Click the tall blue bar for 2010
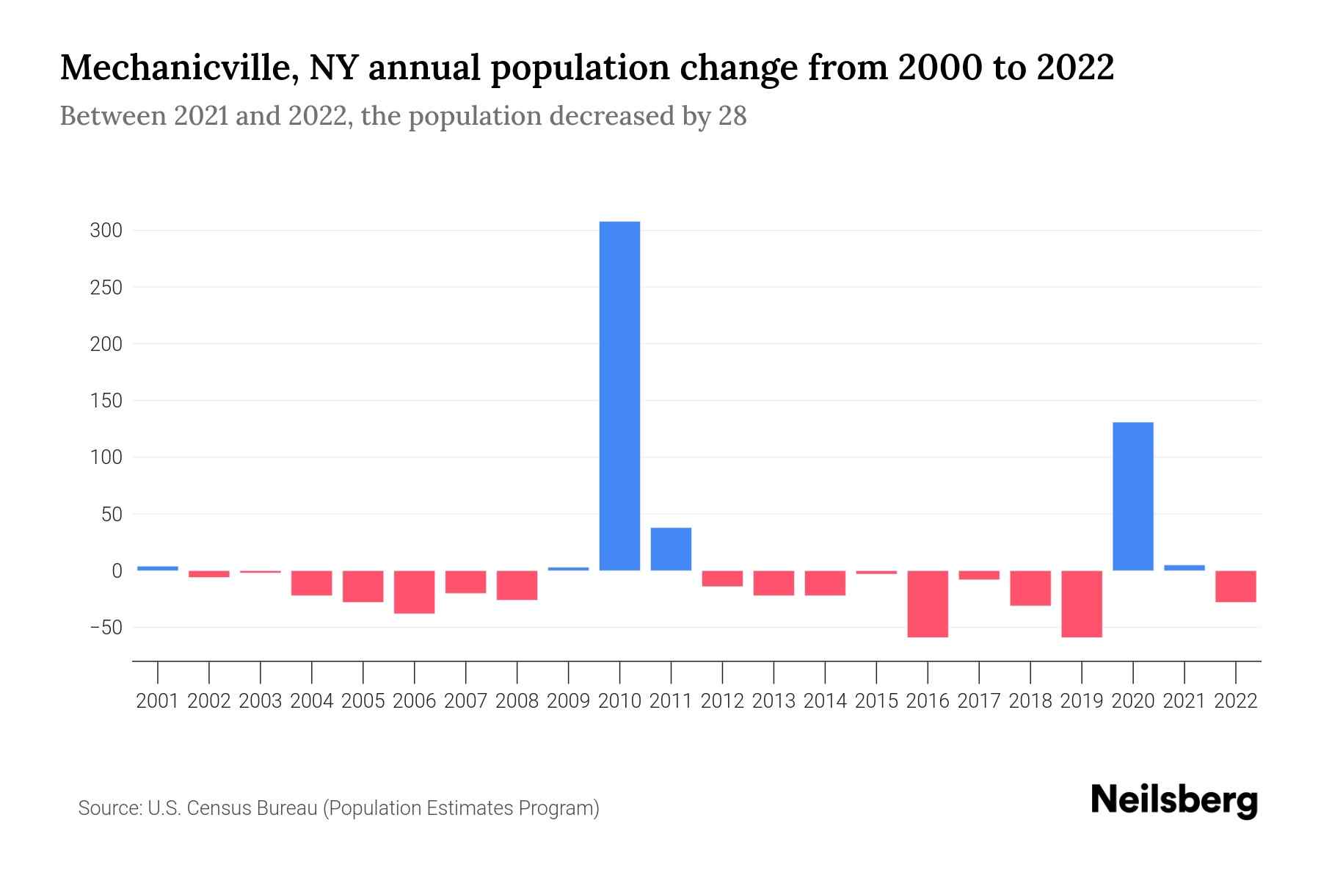coord(619,396)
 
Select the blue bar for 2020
coord(1132,496)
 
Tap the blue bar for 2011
coord(671,549)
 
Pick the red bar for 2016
coord(928,603)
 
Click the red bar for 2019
coord(1081,603)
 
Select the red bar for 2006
coord(414,592)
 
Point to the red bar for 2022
coord(1235,586)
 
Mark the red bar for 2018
coord(1030,588)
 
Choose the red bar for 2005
coord(363,586)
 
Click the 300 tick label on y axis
coord(106,231)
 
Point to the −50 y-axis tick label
coord(106,628)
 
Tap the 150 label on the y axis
coord(106,402)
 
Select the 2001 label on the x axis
coord(157,701)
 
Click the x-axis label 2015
coord(876,701)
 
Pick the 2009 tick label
coord(568,701)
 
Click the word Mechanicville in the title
coord(179,69)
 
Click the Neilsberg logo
coord(1173,800)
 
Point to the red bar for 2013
coord(774,583)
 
